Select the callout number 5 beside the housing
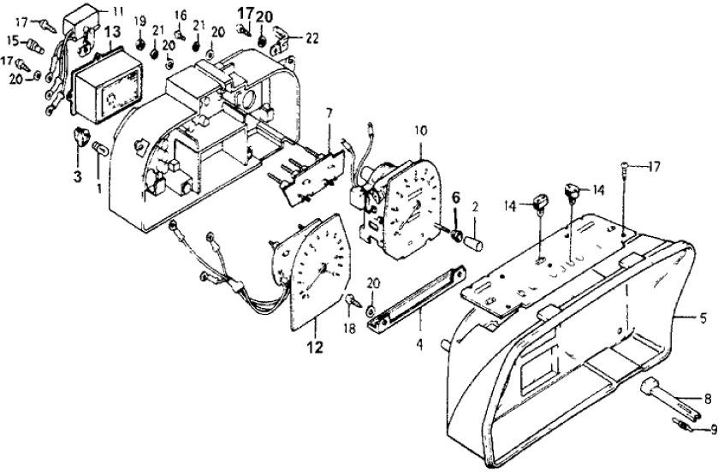(x=703, y=319)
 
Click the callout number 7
(x=328, y=114)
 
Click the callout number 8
(x=708, y=397)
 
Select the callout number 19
(x=140, y=20)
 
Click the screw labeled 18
(x=352, y=300)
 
